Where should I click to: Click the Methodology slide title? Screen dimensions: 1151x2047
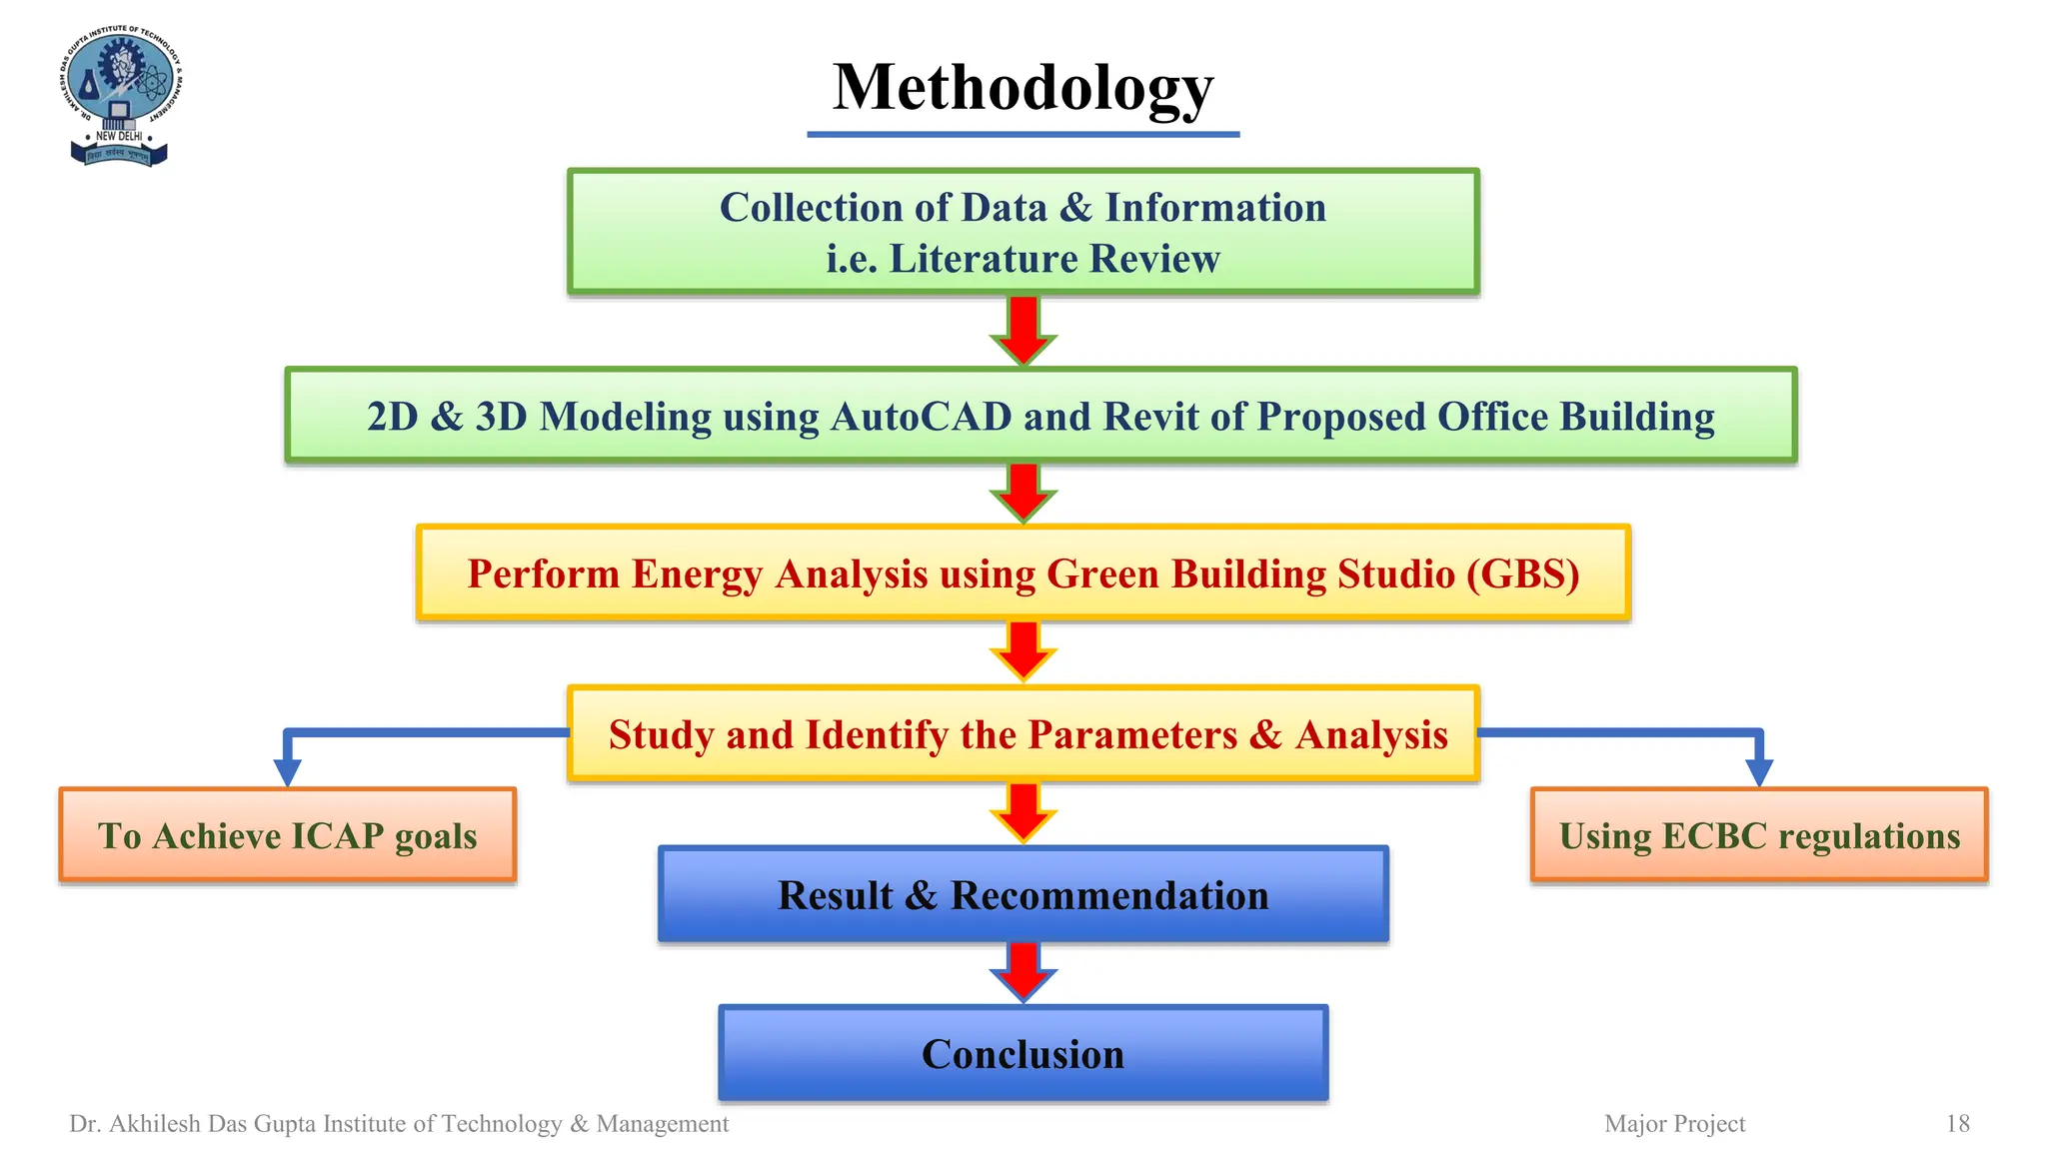1023,88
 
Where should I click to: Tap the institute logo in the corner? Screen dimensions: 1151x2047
120,96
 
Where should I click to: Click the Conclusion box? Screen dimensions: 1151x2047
1023,1054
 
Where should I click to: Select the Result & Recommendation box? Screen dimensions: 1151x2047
1023,895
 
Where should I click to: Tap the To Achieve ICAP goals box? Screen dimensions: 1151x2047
287,835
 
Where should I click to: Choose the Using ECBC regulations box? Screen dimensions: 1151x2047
1759,835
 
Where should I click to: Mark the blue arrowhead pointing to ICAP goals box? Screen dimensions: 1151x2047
287,772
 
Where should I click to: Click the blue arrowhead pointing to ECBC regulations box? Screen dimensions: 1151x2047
1759,772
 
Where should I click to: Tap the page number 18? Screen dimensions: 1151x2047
1957,1124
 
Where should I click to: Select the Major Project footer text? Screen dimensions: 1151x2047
1674,1124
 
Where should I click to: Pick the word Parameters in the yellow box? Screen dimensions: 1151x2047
1132,735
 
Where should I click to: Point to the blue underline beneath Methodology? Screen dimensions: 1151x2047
1023,134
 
